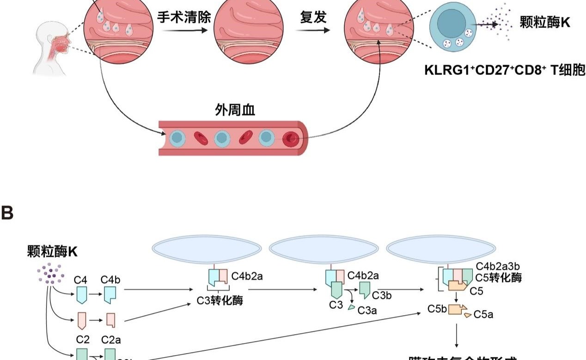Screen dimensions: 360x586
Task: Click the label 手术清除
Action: pyautogui.click(x=184, y=18)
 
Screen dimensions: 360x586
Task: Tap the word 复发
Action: pyautogui.click(x=313, y=18)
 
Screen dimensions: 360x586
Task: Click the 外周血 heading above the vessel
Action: pyautogui.click(x=235, y=110)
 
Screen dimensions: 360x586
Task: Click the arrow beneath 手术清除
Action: pyautogui.click(x=184, y=31)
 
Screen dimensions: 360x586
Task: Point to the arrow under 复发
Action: pyautogui.click(x=313, y=31)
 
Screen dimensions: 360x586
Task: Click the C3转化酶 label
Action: pyautogui.click(x=220, y=301)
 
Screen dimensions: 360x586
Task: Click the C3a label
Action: pyautogui.click(x=367, y=311)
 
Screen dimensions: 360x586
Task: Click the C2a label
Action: pyautogui.click(x=111, y=340)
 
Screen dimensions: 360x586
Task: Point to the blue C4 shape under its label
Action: pyautogui.click(x=82, y=294)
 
